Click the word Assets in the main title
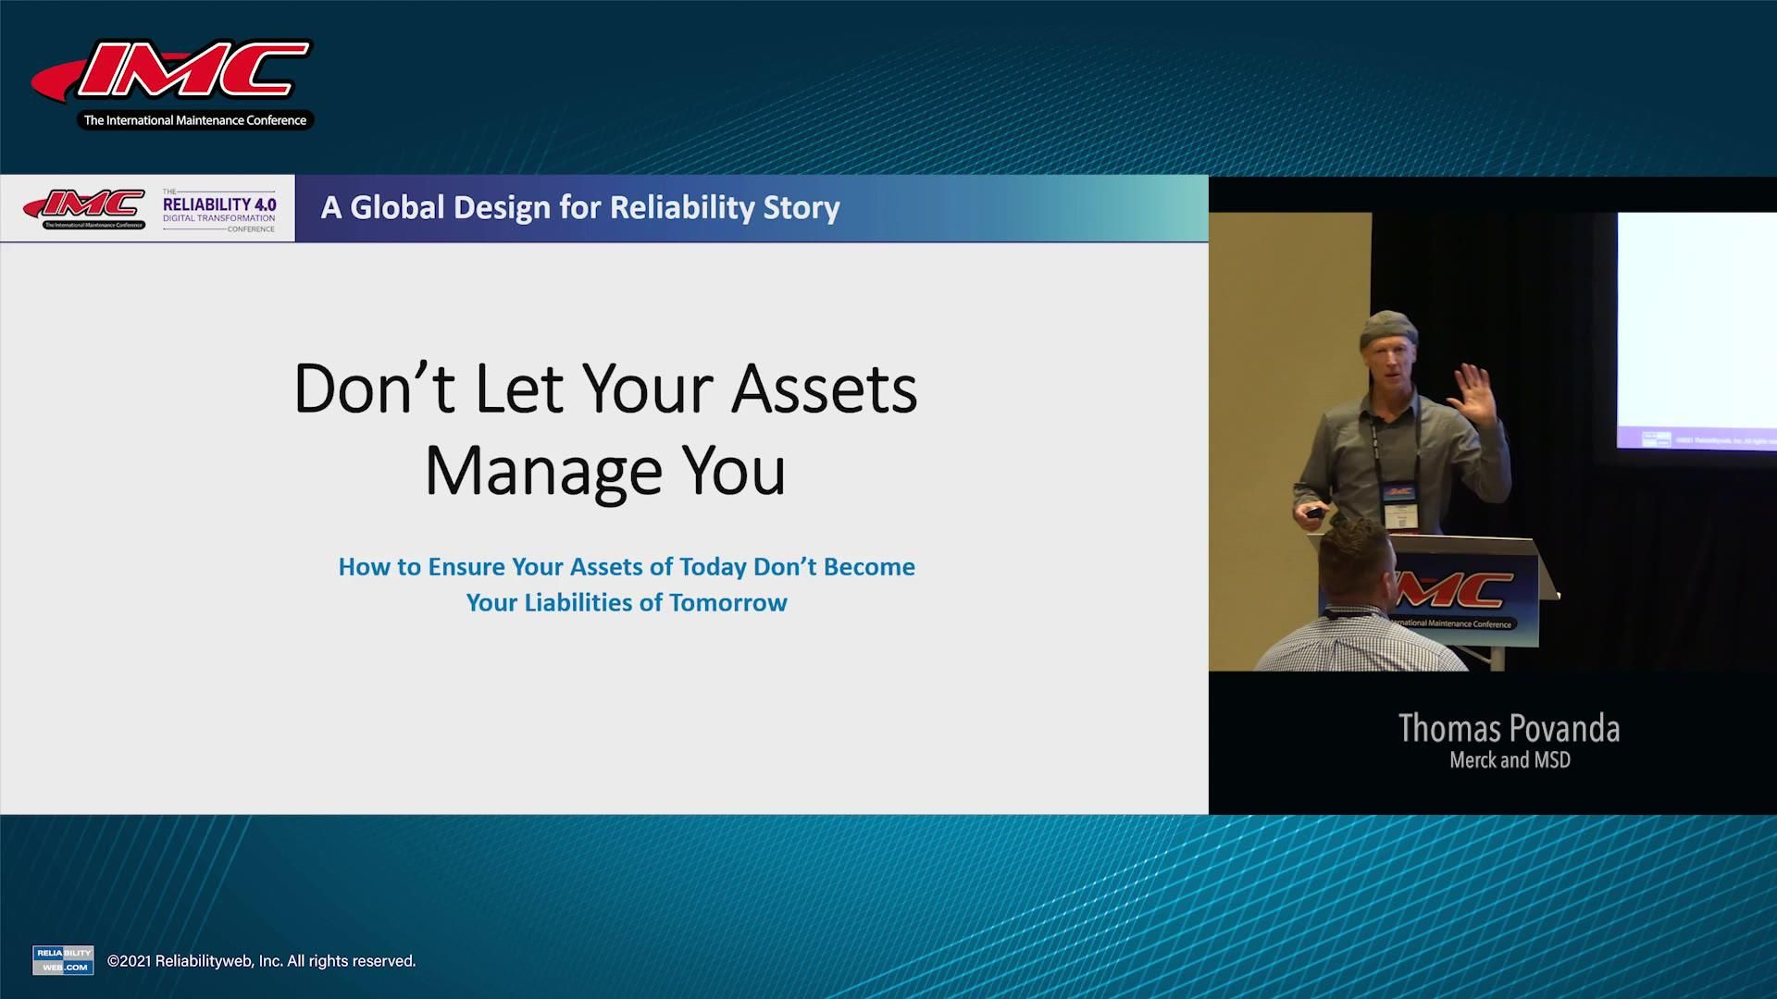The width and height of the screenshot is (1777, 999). coord(824,388)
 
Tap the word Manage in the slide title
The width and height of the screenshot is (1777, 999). coord(543,471)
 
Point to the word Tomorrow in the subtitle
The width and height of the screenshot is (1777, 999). coord(728,603)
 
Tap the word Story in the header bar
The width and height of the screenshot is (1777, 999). coord(802,207)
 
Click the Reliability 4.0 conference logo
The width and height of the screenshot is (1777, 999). coord(219,210)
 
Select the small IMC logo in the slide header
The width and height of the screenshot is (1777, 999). coord(84,207)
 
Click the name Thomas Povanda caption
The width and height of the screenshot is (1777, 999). coord(1509,729)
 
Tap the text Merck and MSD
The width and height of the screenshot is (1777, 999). coord(1510,760)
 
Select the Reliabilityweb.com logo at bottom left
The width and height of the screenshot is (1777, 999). coord(63,959)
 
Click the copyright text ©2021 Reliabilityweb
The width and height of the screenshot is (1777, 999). coord(262,961)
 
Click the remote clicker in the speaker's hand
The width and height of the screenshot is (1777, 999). coord(1313,512)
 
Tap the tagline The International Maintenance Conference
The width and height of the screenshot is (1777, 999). coord(195,120)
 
